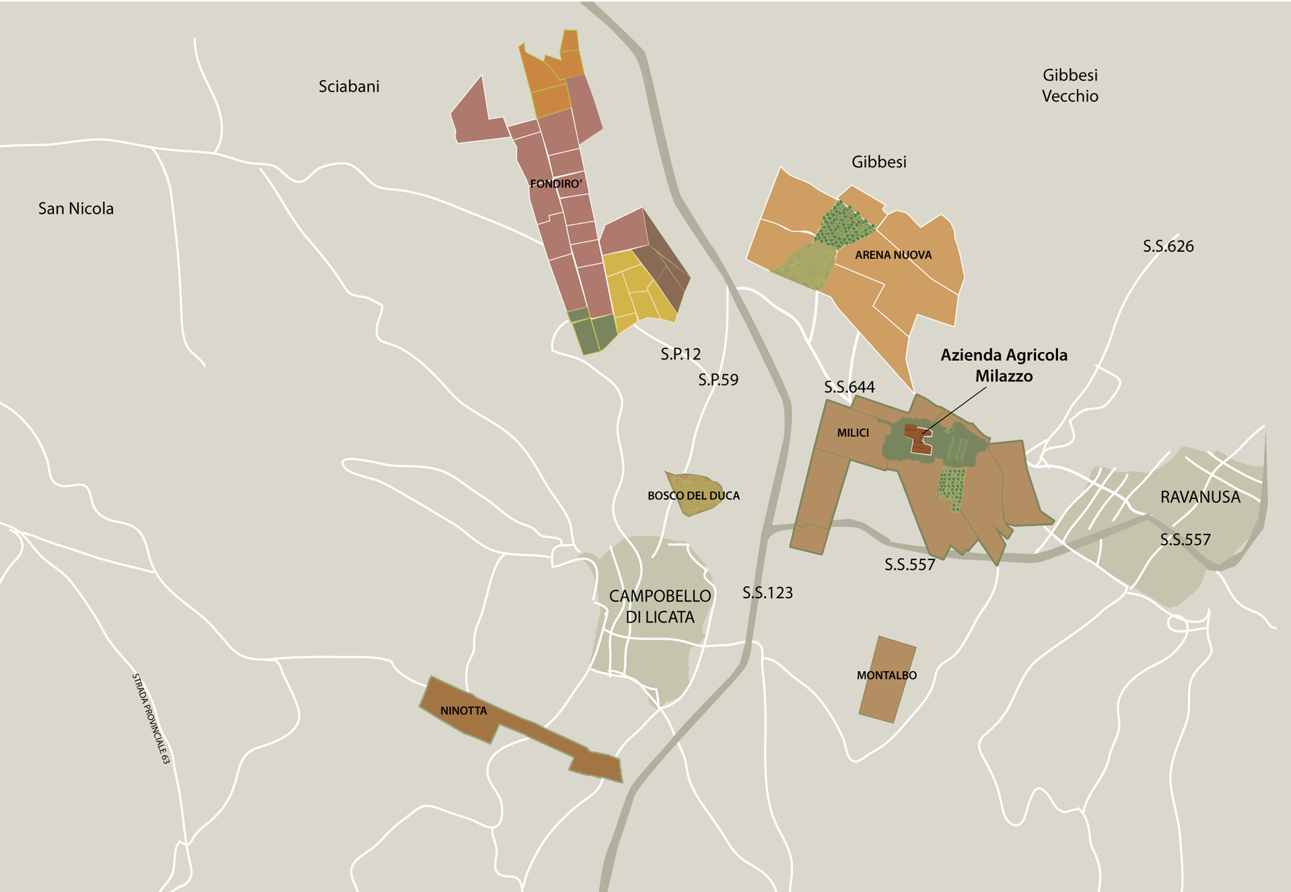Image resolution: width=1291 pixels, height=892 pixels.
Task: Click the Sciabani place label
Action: (x=349, y=86)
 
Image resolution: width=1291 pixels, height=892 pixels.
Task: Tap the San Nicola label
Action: (x=75, y=209)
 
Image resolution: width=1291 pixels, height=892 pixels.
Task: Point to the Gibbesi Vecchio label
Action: (x=1070, y=85)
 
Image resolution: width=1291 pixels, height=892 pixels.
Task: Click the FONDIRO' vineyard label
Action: (x=555, y=184)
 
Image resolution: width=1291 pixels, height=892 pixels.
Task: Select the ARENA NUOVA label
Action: (x=893, y=255)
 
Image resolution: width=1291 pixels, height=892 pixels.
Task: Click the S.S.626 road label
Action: (x=1168, y=246)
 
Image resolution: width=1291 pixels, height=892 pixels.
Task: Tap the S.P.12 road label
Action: (x=681, y=354)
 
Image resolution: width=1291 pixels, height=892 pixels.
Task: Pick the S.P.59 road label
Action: (x=718, y=380)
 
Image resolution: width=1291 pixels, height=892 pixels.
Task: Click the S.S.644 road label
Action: (x=849, y=387)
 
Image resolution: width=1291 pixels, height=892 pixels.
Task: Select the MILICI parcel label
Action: (x=853, y=433)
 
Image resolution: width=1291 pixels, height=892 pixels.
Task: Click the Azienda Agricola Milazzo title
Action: (x=1004, y=366)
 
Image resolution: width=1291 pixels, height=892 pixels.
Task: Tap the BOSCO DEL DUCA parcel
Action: (x=693, y=495)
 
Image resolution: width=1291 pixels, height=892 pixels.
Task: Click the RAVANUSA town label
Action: (x=1199, y=498)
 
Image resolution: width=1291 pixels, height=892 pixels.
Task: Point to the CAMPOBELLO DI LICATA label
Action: (x=660, y=607)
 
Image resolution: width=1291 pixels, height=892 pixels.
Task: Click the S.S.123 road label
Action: (x=767, y=593)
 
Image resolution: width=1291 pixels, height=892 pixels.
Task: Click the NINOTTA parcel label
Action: (x=463, y=711)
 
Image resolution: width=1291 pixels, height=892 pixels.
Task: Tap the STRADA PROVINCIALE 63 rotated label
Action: (x=151, y=718)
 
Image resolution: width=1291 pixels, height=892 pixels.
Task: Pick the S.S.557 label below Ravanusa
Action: (x=1185, y=540)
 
